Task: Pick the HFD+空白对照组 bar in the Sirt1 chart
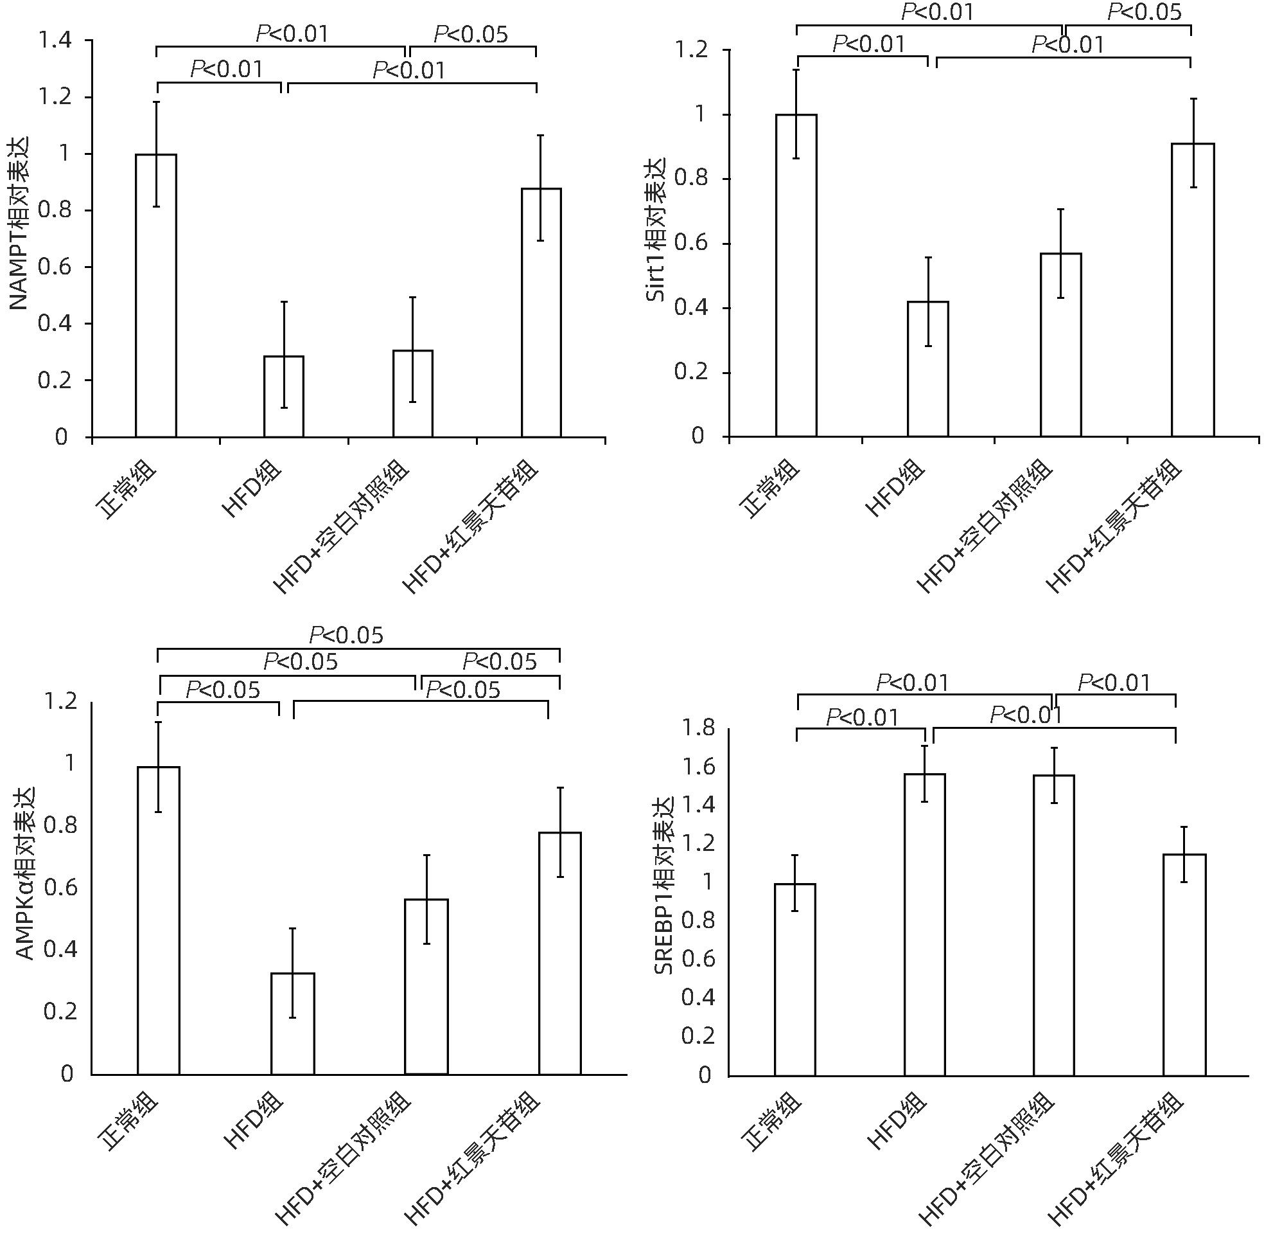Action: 1060,344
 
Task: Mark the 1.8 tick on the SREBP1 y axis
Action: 698,728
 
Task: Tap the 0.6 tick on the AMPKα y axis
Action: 60,887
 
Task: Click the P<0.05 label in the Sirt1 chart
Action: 1145,12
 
